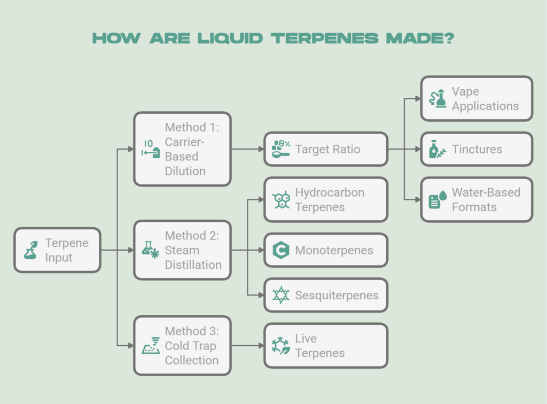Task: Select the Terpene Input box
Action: coord(57,250)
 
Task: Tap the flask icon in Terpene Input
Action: coord(31,250)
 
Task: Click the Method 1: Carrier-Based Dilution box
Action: coord(182,149)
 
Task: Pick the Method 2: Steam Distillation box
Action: coord(182,250)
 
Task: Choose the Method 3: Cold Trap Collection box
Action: coord(182,345)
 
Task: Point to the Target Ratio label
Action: coord(327,149)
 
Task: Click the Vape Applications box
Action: coord(476,98)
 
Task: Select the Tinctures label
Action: coord(476,149)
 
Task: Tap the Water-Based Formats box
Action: coord(476,199)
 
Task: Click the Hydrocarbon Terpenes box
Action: coord(326,199)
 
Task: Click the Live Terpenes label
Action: coord(319,345)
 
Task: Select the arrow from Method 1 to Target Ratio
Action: coord(248,149)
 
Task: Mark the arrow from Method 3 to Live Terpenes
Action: coord(248,345)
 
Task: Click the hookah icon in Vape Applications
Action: coord(438,98)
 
